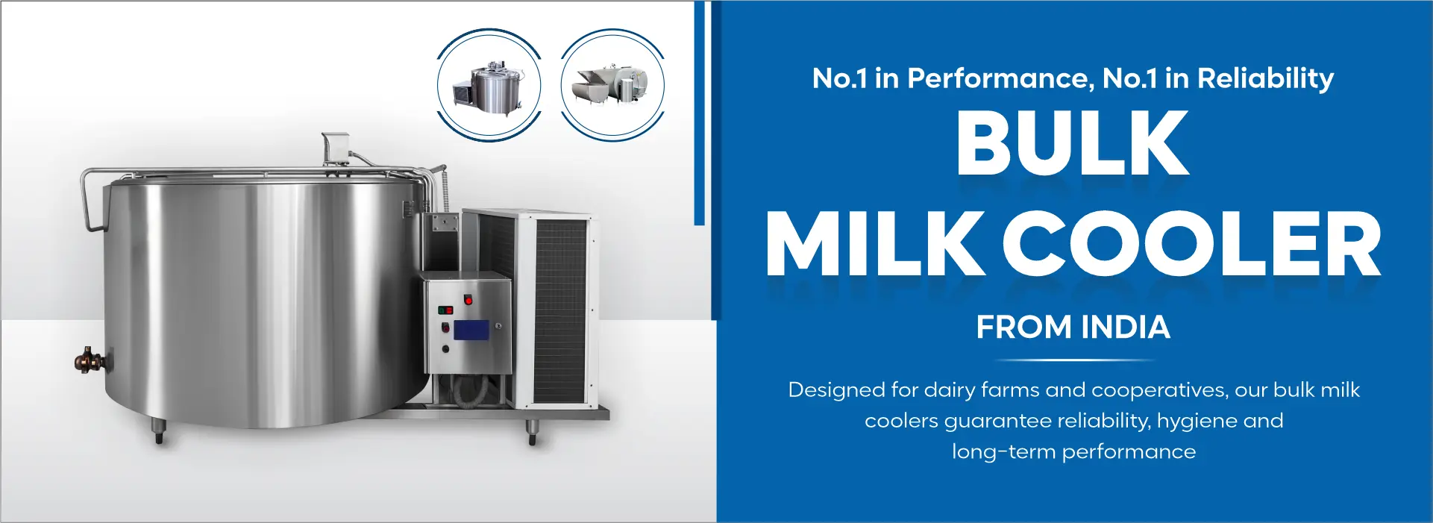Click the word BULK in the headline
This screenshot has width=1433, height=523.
pyautogui.click(x=1072, y=143)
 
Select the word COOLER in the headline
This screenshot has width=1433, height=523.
pyautogui.click(x=1191, y=244)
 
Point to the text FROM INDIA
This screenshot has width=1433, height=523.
pyautogui.click(x=1073, y=328)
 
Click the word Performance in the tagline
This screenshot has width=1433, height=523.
pyautogui.click(x=1000, y=78)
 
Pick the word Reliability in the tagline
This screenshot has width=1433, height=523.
pyautogui.click(x=1265, y=78)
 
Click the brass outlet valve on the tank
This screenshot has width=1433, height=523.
pyautogui.click(x=89, y=360)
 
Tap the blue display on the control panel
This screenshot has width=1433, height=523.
pyautogui.click(x=471, y=330)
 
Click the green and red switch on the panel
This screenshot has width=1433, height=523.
pyautogui.click(x=445, y=309)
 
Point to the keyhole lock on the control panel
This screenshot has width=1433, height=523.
pyautogui.click(x=498, y=326)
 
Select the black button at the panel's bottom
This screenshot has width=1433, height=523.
pyautogui.click(x=446, y=348)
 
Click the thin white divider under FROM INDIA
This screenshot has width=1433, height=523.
pyautogui.click(x=1073, y=360)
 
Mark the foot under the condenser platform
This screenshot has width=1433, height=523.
pyautogui.click(x=533, y=432)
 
